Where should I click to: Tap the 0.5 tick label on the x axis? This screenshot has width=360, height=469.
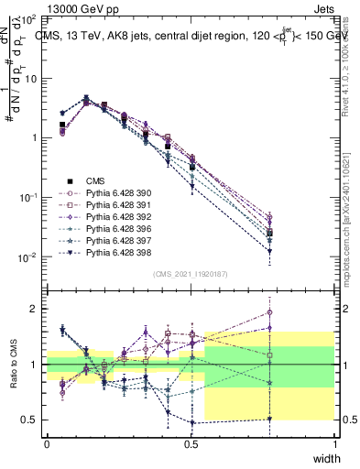(x=191, y=443)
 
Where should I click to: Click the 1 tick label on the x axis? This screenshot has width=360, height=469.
(x=334, y=443)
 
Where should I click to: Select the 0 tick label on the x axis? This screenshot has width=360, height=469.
(x=47, y=443)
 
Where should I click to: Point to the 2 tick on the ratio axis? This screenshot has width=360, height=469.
(x=35, y=309)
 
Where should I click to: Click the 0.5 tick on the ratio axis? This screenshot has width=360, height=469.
(x=31, y=420)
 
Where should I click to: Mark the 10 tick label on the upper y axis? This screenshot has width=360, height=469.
(x=30, y=78)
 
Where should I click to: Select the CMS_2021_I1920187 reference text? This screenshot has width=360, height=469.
(x=191, y=274)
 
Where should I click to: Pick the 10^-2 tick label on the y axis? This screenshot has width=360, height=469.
(x=27, y=257)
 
